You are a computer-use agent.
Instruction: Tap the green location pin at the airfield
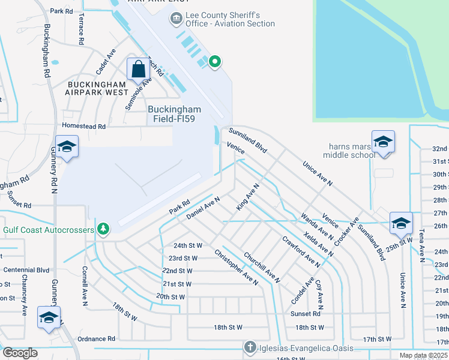tap(214, 61)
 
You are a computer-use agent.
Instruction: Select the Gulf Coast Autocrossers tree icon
tap(104, 229)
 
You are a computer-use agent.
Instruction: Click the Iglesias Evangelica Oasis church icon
tap(250, 347)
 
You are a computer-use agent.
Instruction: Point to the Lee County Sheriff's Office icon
tap(176, 19)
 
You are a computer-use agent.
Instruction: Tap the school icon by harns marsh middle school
tap(383, 142)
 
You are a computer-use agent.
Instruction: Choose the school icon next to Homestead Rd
tap(67, 146)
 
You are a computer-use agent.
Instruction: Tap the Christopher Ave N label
tap(235, 266)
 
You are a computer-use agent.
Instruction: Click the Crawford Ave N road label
tap(301, 251)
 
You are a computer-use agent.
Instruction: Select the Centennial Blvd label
tap(25, 270)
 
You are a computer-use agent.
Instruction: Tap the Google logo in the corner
tap(19, 353)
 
